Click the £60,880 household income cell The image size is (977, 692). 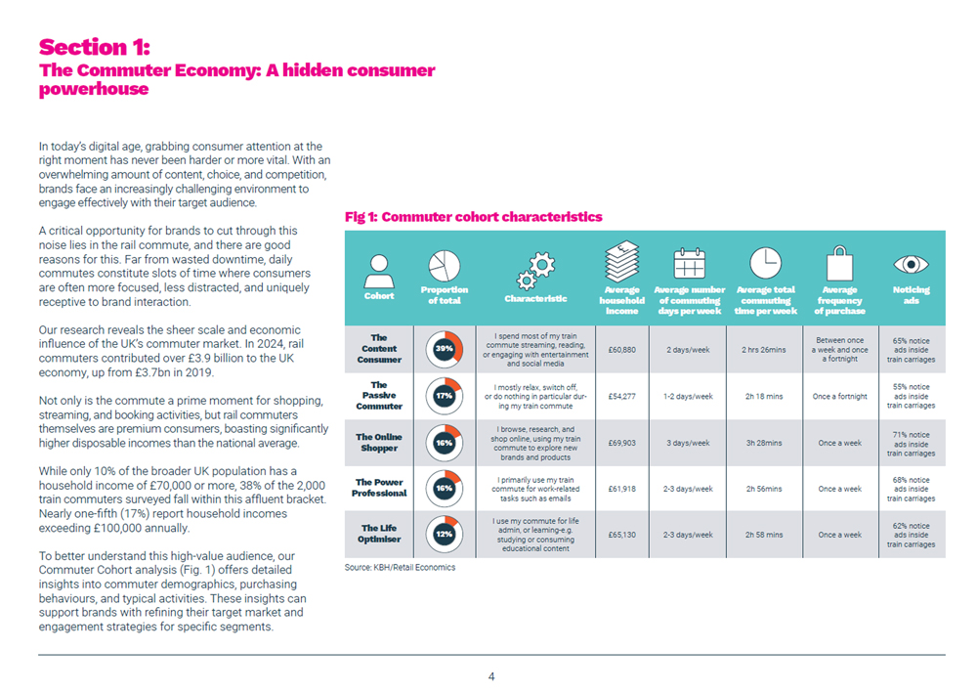click(621, 349)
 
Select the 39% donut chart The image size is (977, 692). click(445, 349)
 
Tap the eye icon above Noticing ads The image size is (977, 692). click(911, 264)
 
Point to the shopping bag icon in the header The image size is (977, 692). click(839, 264)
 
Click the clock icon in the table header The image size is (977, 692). click(765, 262)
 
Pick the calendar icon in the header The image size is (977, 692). click(690, 264)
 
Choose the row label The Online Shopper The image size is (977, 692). click(379, 443)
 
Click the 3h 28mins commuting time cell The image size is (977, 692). click(764, 443)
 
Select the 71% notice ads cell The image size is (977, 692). click(911, 443)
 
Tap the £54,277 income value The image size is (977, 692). click(621, 396)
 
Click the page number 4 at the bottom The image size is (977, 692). click(491, 675)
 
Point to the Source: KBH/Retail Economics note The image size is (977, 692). click(400, 567)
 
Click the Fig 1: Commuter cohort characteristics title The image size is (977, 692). click(474, 217)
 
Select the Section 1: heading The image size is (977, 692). click(96, 47)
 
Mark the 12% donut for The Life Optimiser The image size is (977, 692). click(445, 535)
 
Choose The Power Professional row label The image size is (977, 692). click(379, 488)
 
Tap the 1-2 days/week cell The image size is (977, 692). click(690, 396)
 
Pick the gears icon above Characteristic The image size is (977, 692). click(535, 266)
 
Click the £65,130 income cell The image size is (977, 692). click(621, 535)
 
